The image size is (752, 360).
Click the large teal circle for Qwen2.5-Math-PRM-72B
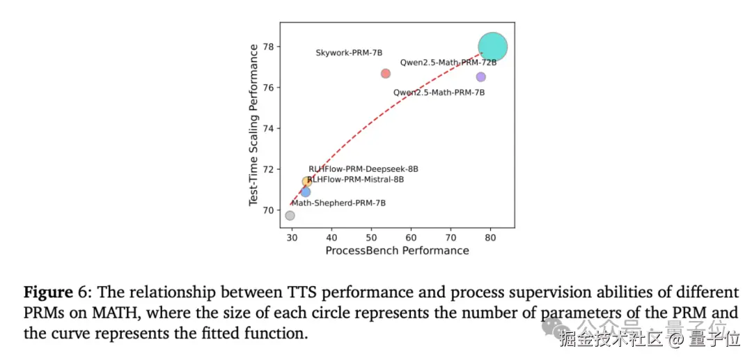click(x=492, y=47)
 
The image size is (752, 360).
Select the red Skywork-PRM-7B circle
click(x=386, y=74)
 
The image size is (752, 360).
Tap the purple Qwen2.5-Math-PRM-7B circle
click(x=480, y=77)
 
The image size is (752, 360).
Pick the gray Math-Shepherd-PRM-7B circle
click(x=290, y=215)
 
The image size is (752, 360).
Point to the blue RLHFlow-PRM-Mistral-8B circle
click(x=306, y=192)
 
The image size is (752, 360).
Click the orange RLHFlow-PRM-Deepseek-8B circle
click(x=306, y=182)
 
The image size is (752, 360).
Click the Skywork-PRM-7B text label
click(x=349, y=53)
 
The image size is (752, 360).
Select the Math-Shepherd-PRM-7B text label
click(x=338, y=203)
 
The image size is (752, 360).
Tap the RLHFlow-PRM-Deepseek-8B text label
click(x=363, y=169)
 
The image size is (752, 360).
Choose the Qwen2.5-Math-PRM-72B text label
click(x=448, y=63)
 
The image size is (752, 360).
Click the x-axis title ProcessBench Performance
click(x=397, y=251)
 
